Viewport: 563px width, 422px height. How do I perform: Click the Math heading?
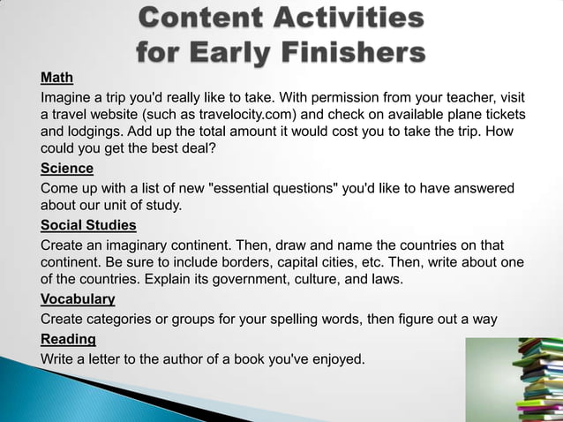56,77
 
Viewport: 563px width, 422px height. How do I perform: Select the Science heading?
67,169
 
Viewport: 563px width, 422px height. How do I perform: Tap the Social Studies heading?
88,224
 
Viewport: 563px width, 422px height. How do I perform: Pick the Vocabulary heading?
78,299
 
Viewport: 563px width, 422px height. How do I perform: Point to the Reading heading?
68,339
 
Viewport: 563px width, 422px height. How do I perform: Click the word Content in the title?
206,18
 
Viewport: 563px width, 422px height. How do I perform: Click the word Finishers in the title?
351,54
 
